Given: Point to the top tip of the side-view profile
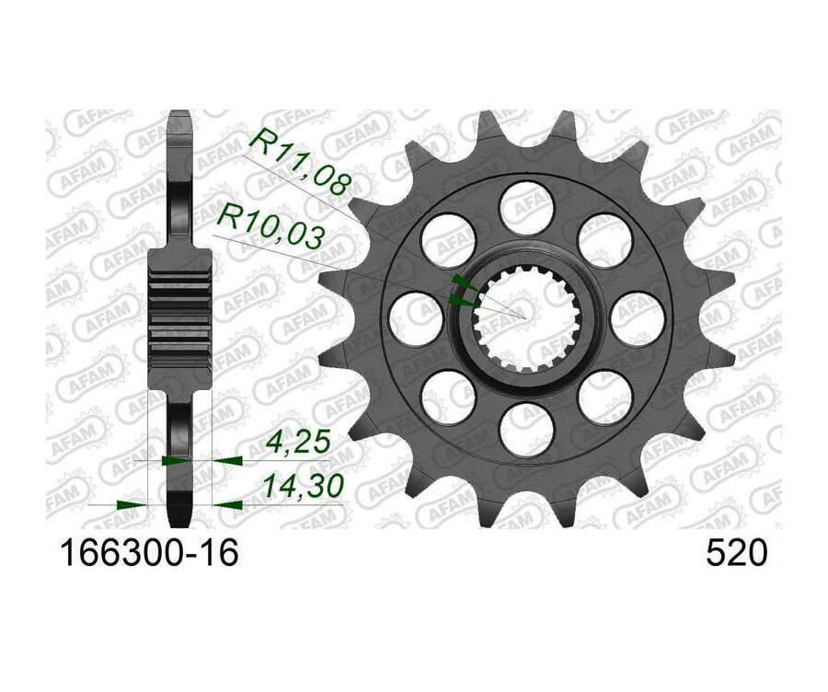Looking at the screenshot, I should point(179,114).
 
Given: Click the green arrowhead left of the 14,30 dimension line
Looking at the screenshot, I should point(132,504).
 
